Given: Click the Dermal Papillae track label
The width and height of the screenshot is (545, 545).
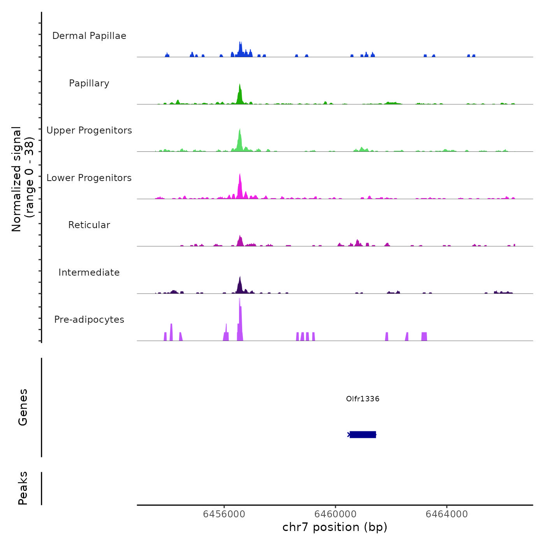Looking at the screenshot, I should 89,36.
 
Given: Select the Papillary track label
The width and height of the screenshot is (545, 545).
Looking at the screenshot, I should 89,83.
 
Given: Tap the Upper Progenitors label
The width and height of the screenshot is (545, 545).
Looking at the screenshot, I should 89,130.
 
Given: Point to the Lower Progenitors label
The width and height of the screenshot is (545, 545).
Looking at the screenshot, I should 89,178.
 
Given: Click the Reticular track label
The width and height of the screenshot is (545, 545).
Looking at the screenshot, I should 89,225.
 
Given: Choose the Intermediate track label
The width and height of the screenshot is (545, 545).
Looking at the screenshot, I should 89,272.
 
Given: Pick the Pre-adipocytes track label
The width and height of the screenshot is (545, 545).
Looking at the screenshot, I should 89,320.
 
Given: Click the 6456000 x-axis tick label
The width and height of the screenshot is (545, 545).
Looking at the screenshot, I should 224,514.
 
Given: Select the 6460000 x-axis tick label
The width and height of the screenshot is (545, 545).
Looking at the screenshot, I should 336,514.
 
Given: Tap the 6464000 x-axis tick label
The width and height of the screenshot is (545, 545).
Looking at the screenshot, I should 447,514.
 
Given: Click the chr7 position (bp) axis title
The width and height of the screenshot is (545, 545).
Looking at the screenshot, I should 335,527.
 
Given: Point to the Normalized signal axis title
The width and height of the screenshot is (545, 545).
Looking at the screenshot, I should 23,179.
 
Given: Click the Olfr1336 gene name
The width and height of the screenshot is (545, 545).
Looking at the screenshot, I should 362,399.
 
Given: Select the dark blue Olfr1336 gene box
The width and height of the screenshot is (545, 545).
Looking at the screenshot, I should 363,434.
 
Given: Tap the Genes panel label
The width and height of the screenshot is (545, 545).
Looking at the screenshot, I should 23,407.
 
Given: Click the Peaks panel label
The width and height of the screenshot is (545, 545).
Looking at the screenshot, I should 23,488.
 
